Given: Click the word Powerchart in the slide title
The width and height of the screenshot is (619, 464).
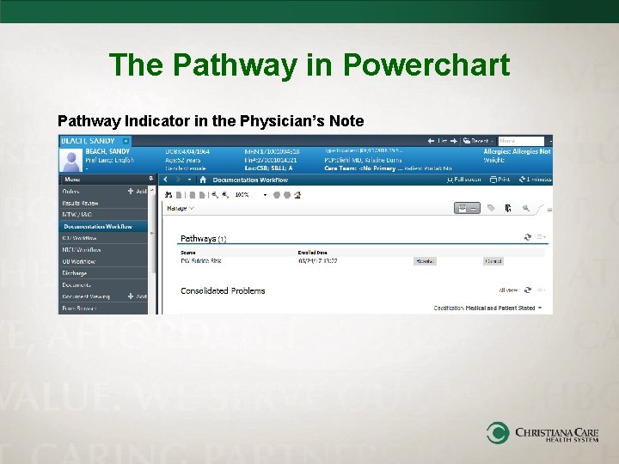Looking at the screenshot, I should point(426,64).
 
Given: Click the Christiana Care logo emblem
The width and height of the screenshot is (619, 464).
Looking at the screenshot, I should point(498,432).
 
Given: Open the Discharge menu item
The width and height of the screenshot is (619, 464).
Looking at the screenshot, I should point(74,273).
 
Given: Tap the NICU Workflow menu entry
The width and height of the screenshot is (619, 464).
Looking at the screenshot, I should point(81,249).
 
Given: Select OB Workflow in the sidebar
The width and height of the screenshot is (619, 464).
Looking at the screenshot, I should point(78,261).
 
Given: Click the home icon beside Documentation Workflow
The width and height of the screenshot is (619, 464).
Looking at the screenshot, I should point(204,180).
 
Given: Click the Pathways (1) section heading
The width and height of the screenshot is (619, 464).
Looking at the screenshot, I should point(204,237).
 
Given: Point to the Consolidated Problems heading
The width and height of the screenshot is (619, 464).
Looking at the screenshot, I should point(223,290).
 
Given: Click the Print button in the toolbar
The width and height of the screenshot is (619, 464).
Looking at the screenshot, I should point(499,180).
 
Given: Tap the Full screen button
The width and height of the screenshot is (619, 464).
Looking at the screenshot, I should point(464,180).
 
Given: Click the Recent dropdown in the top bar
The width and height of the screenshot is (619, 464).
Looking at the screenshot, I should point(478,140).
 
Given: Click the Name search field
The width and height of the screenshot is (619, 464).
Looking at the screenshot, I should point(521,140).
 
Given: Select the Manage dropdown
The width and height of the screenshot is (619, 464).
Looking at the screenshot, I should point(179,208).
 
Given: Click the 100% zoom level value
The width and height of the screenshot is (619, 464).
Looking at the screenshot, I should point(243,195).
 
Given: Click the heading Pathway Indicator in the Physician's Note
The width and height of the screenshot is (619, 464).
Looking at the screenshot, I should point(211,120).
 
